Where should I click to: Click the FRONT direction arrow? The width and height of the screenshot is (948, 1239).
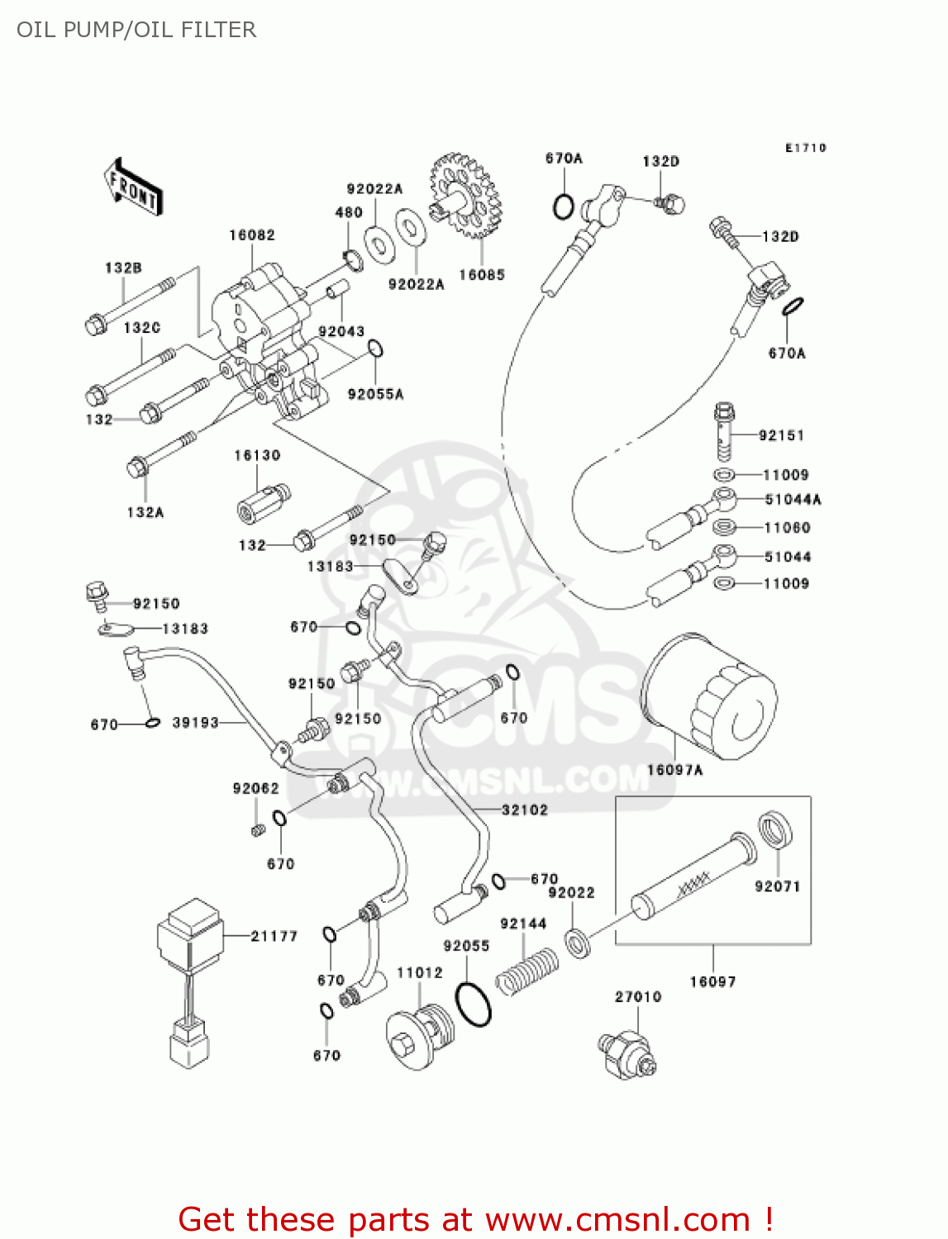[x=132, y=188]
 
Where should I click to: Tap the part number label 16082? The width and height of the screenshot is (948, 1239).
[x=252, y=235]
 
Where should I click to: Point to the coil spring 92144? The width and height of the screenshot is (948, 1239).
[x=526, y=971]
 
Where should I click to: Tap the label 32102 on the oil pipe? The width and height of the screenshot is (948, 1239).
[x=525, y=810]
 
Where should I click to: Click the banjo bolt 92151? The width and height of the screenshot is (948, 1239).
[x=725, y=430]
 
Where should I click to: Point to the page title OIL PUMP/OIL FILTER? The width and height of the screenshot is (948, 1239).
[x=136, y=30]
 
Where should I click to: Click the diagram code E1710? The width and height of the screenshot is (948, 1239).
[x=805, y=148]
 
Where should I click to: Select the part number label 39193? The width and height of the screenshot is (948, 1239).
[x=196, y=723]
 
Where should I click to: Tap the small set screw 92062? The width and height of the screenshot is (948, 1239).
[x=258, y=829]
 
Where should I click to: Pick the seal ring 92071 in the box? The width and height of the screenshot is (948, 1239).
[x=775, y=829]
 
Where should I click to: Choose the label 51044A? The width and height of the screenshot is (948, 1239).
[x=793, y=500]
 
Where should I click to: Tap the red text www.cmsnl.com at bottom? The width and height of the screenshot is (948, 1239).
[x=617, y=1219]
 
